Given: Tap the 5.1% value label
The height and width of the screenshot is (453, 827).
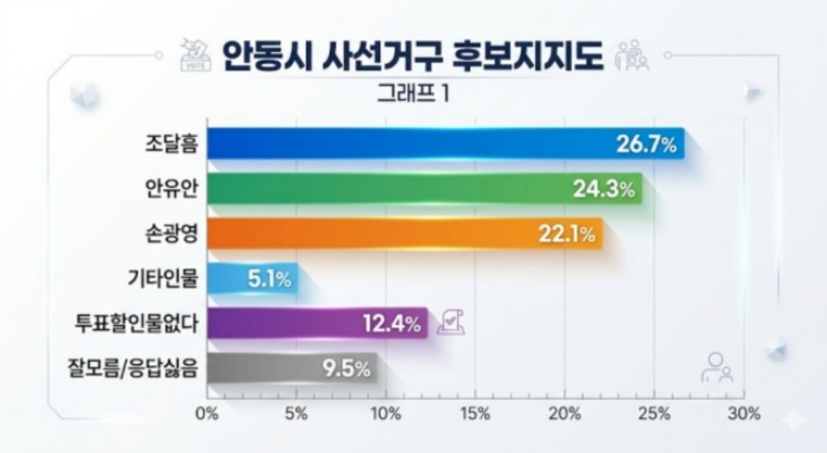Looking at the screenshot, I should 269,279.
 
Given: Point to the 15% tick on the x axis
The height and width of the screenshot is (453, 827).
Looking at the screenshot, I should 474,413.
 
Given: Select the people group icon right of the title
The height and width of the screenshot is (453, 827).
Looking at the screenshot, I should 631,57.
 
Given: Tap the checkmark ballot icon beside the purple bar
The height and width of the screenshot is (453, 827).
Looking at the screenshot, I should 451,322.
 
